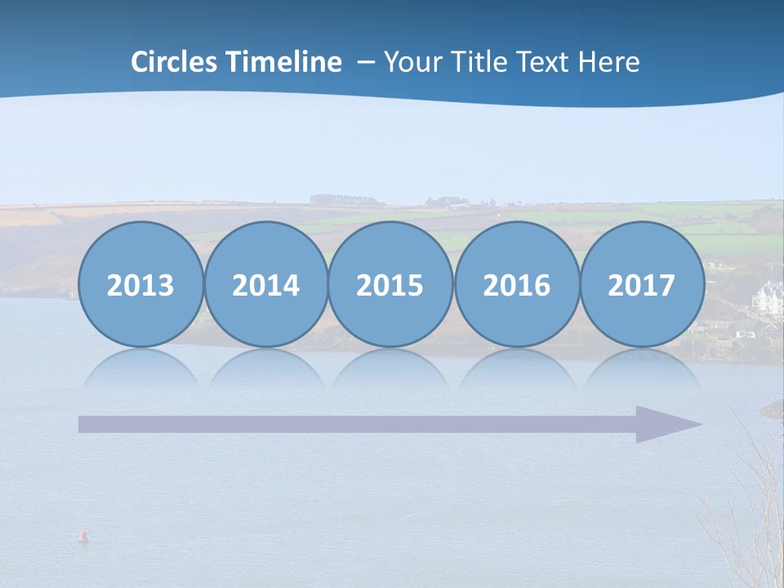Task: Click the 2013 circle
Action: pyautogui.click(x=140, y=284)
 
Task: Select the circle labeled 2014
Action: pyautogui.click(x=265, y=284)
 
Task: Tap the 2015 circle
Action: pyautogui.click(x=390, y=284)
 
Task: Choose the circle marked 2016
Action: pyautogui.click(x=516, y=284)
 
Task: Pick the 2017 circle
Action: pyautogui.click(x=641, y=284)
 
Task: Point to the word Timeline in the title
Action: pyautogui.click(x=285, y=62)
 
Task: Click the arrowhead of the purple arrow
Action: pyautogui.click(x=666, y=424)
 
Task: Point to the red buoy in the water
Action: pyautogui.click(x=82, y=537)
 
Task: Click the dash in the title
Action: pyautogui.click(x=365, y=63)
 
